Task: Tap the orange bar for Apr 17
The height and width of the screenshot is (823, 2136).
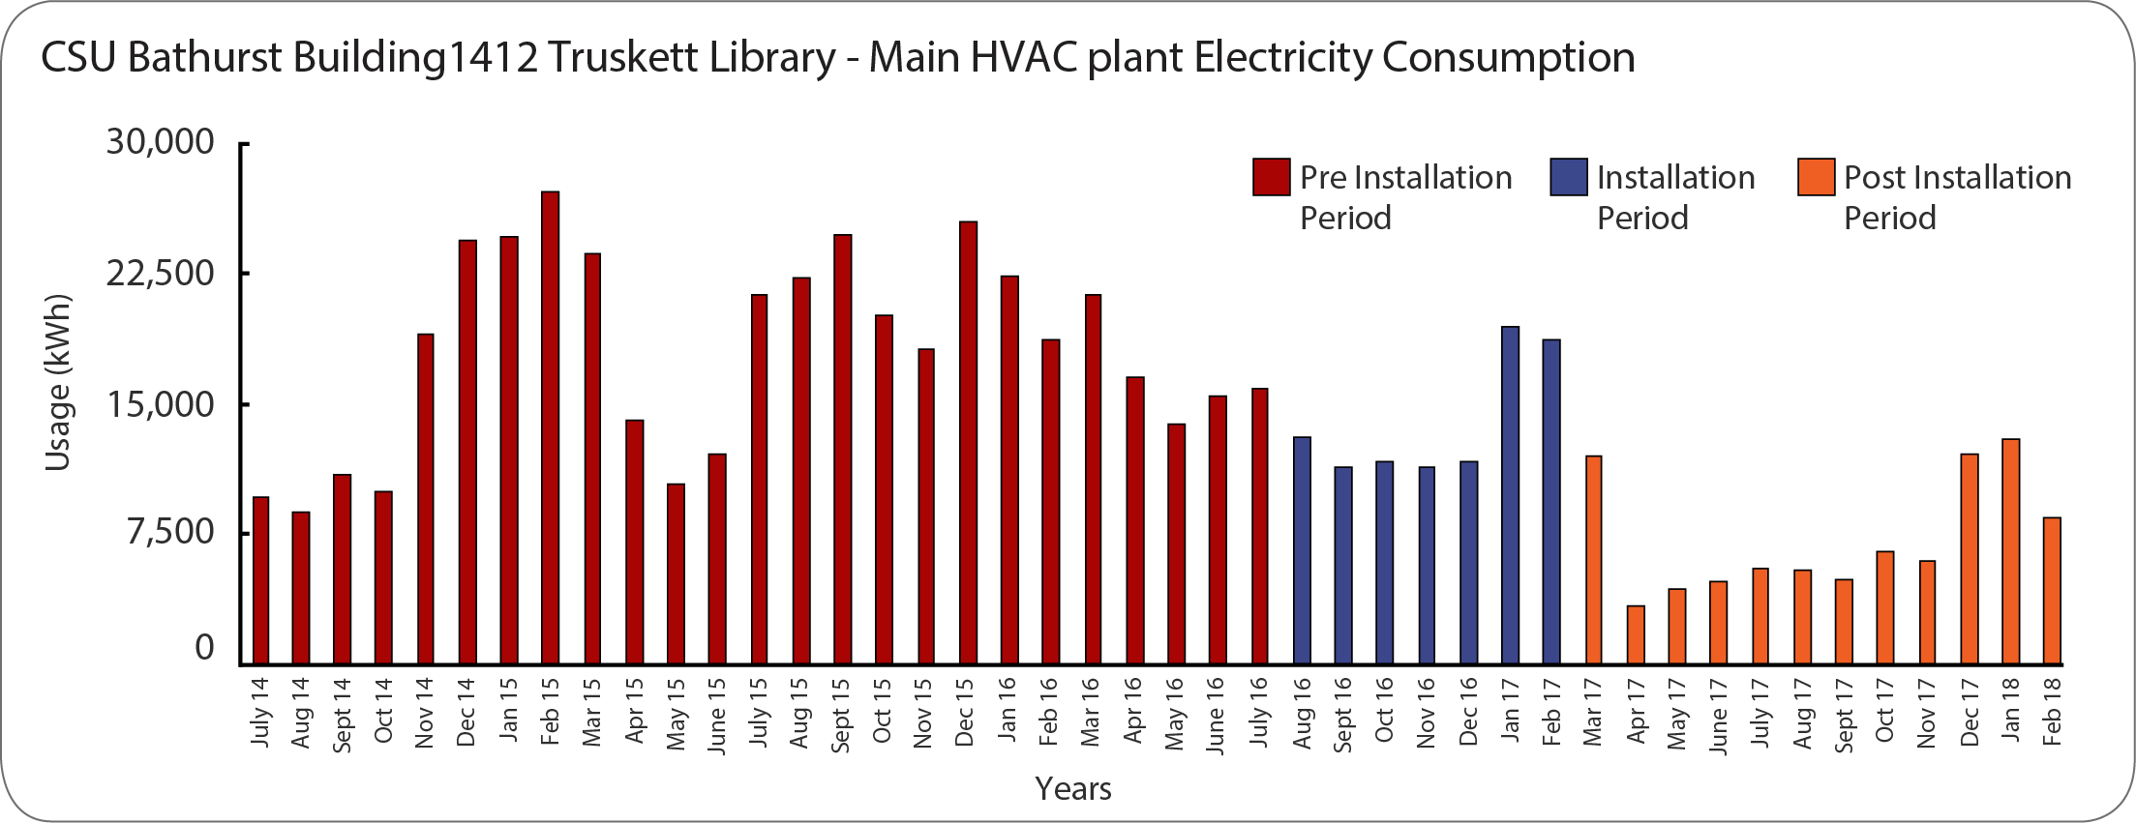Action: point(1636,634)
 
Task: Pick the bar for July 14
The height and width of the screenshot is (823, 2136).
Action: point(260,580)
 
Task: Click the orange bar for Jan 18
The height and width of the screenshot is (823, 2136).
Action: point(2010,551)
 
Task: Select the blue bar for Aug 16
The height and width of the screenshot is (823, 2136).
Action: point(1302,550)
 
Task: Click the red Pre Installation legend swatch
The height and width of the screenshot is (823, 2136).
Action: point(1271,177)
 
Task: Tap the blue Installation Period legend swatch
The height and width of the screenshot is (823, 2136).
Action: point(1568,177)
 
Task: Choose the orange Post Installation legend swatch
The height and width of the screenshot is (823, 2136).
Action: point(1816,177)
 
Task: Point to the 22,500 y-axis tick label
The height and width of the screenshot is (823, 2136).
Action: point(160,274)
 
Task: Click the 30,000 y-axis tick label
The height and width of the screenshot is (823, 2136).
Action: point(160,142)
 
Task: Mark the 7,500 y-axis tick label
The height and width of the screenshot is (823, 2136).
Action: point(170,532)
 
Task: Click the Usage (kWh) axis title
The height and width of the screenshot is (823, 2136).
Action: point(58,382)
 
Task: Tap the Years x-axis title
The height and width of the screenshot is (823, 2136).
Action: point(1072,789)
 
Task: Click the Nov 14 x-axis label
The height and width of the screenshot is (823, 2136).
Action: point(424,713)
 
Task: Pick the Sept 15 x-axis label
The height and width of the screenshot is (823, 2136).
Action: point(840,715)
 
